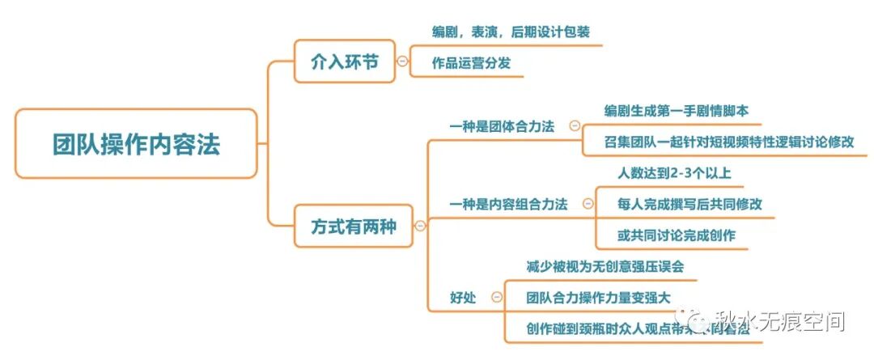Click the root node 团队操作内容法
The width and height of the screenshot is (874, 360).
pos(136,144)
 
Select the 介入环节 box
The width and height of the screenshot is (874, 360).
pos(344,61)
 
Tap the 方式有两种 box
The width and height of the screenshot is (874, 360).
pos(353,226)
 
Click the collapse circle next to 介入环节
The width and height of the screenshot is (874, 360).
pos(402,61)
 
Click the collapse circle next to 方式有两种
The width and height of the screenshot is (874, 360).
pos(420,226)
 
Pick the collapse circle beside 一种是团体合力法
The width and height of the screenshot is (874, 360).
pos(575,125)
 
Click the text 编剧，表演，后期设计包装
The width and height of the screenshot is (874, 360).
pos(511,32)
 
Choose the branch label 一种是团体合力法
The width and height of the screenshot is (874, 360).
pos(502,126)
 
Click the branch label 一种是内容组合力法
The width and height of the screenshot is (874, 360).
pos(508,204)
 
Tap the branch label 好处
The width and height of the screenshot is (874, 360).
pos(464,298)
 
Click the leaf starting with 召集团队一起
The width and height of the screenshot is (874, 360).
pos(728,141)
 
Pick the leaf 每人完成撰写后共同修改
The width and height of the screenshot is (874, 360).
pos(689,204)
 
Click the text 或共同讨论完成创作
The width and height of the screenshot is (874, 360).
pos(676,235)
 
